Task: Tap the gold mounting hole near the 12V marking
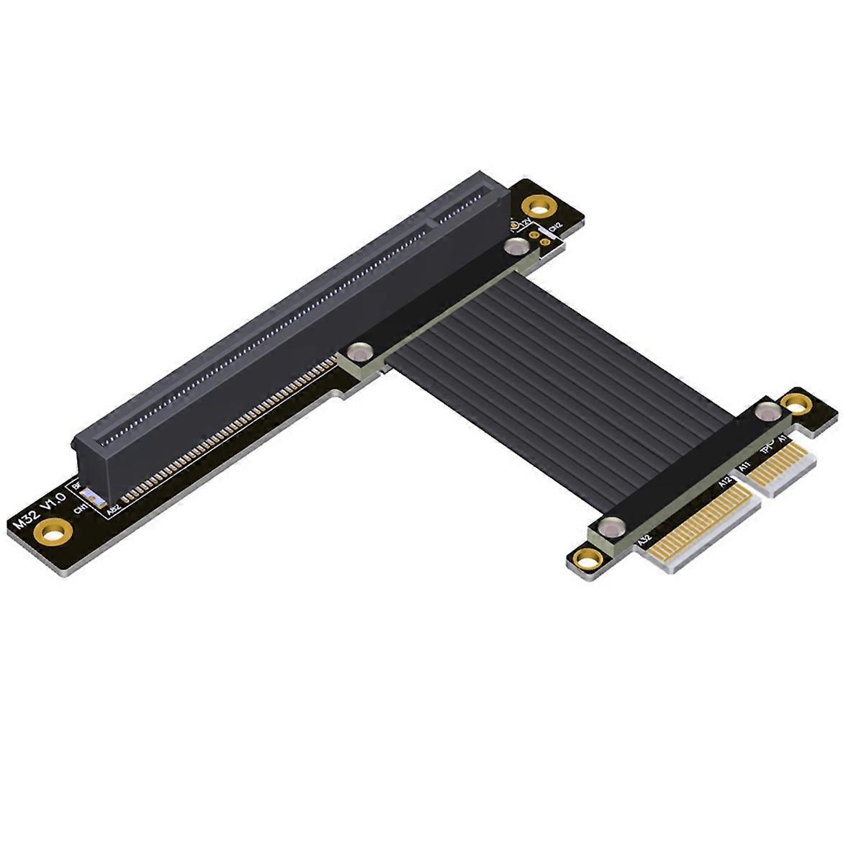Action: [536, 206]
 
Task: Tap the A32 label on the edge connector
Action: [643, 538]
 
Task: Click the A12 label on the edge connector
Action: [724, 482]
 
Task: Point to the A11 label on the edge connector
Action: [744, 468]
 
